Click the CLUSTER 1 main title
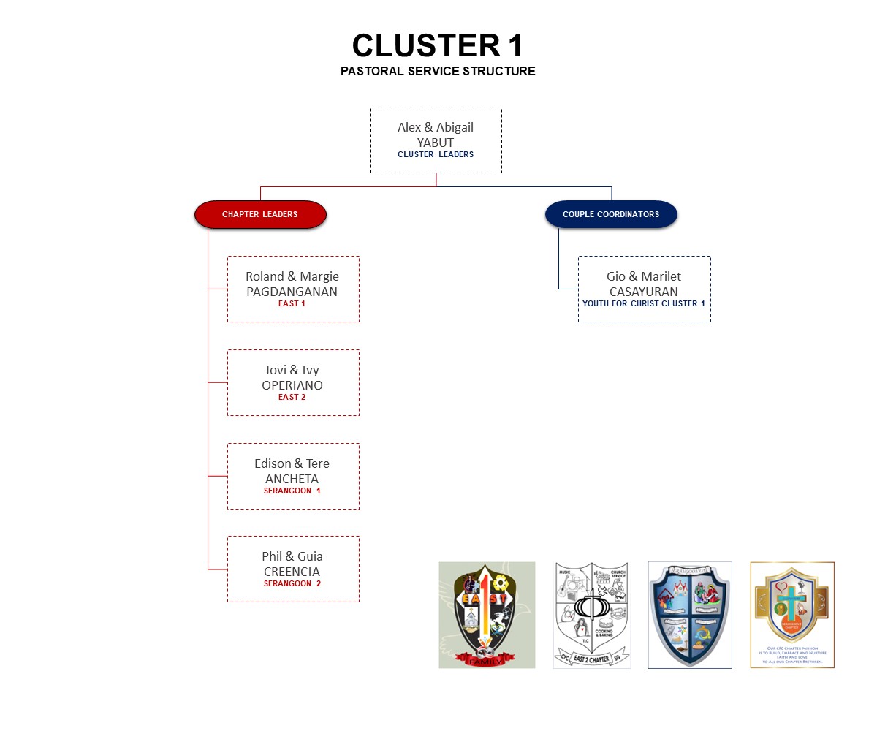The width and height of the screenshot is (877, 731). point(437,45)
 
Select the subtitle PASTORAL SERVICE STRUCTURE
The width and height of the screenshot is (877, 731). point(437,71)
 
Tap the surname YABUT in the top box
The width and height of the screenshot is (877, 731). point(436,143)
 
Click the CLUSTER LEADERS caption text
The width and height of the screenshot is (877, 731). point(436,154)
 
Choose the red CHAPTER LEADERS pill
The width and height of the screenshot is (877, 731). point(260,214)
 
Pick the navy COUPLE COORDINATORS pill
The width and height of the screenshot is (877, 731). point(611,214)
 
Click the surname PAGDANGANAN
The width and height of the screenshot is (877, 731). point(292,292)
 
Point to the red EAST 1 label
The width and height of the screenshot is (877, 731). point(292,303)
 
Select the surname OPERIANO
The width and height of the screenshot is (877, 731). point(292,385)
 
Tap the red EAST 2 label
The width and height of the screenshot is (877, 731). point(292,397)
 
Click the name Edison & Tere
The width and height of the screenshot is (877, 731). point(292,463)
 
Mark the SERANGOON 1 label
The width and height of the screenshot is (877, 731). point(292,491)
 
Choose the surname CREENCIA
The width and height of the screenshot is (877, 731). point(292,572)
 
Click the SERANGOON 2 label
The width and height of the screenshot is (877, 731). point(292,583)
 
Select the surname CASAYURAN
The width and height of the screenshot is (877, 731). point(643,292)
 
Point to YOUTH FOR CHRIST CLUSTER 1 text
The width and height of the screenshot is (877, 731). point(643,303)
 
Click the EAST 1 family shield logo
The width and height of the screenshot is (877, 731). point(487,615)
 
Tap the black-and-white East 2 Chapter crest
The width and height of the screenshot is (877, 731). point(592,615)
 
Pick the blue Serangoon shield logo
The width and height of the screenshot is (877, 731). point(690,615)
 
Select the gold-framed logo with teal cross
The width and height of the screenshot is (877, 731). point(792,615)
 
